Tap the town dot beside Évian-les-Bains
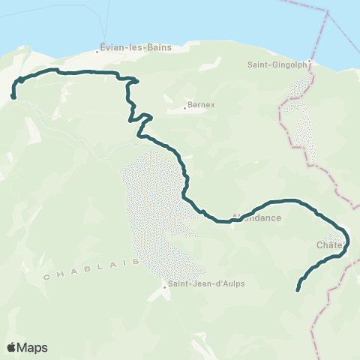[x=100, y=52]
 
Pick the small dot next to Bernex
[x=185, y=108]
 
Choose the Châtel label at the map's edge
[x=331, y=244]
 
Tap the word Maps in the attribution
[x=33, y=347]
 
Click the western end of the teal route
[x=13, y=95]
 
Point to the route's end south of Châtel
[x=298, y=289]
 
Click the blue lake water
[x=187, y=22]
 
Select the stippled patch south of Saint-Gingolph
[x=304, y=131]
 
